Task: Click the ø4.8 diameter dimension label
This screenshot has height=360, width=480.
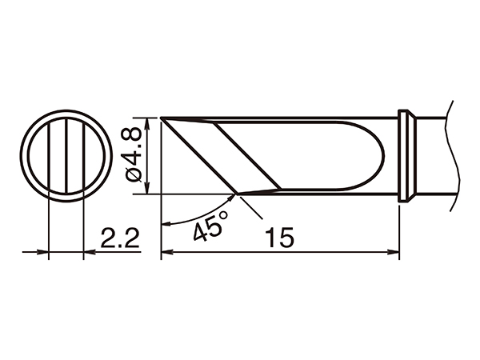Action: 133,155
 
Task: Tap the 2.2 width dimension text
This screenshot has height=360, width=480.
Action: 120,238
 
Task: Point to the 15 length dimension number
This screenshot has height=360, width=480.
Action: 279,238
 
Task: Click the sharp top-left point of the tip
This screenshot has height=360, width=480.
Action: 161,118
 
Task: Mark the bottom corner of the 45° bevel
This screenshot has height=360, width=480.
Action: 237,194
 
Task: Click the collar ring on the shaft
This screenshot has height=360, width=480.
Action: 407,155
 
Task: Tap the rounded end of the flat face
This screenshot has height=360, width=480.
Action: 383,155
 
